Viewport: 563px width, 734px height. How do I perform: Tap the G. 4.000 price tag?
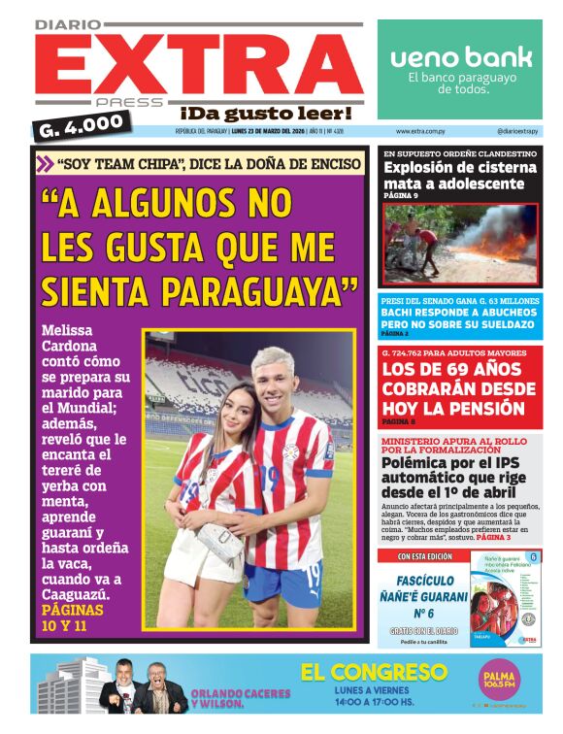(83, 124)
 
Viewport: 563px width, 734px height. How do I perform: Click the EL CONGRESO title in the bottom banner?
(374, 672)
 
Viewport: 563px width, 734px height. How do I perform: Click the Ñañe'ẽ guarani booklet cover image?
(505, 597)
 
